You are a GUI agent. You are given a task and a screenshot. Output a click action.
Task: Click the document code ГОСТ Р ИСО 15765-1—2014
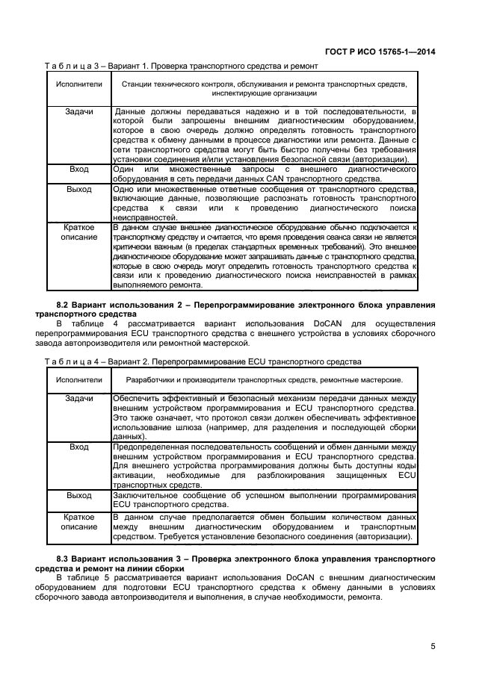pyautogui.click(x=388, y=52)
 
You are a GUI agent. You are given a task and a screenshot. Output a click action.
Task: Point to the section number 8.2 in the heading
pyautogui.click(x=65, y=306)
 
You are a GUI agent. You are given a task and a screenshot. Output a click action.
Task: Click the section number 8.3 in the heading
pyautogui.click(x=65, y=558)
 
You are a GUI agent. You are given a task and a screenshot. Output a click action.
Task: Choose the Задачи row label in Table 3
pyautogui.click(x=78, y=112)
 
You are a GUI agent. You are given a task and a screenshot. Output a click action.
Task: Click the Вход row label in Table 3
pyautogui.click(x=78, y=170)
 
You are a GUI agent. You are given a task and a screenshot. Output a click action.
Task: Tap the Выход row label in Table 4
pyautogui.click(x=78, y=494)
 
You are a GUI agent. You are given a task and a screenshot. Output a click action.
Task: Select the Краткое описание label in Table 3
pyautogui.click(x=78, y=232)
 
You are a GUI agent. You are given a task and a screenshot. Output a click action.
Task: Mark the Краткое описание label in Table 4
pyautogui.click(x=78, y=521)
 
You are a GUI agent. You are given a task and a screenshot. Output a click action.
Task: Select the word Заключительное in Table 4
pyautogui.click(x=146, y=494)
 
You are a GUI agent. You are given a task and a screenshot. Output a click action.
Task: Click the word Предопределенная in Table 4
pyautogui.click(x=150, y=447)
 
